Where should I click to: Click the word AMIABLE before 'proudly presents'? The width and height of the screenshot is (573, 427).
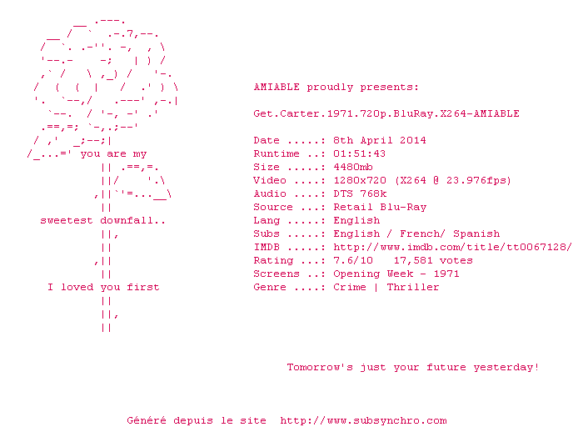277,87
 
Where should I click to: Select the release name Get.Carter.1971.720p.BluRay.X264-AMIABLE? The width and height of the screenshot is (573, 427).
386,113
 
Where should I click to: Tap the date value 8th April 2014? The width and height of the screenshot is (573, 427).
380,140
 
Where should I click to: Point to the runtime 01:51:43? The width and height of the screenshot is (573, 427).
360,153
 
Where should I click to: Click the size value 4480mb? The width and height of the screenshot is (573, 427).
353,167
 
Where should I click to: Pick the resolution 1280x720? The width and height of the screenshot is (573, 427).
360,180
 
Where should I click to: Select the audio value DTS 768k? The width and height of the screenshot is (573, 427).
360,193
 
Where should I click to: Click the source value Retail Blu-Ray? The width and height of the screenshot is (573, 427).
380,207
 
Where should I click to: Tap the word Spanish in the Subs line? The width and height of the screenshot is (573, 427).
476,234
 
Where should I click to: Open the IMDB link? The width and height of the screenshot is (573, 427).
452,247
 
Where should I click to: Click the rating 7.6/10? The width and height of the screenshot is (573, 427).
353,260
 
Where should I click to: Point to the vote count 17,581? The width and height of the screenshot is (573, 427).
413,260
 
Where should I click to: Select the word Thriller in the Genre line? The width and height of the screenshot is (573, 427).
413,287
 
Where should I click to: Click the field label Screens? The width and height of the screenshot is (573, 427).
277,274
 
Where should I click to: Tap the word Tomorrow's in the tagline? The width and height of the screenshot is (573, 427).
320,367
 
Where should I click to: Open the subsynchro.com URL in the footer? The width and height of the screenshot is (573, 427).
364,420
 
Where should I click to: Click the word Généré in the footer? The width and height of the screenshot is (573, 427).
147,420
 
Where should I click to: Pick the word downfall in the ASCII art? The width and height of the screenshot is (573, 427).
127,220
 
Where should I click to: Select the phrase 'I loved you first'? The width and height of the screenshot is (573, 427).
103,287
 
